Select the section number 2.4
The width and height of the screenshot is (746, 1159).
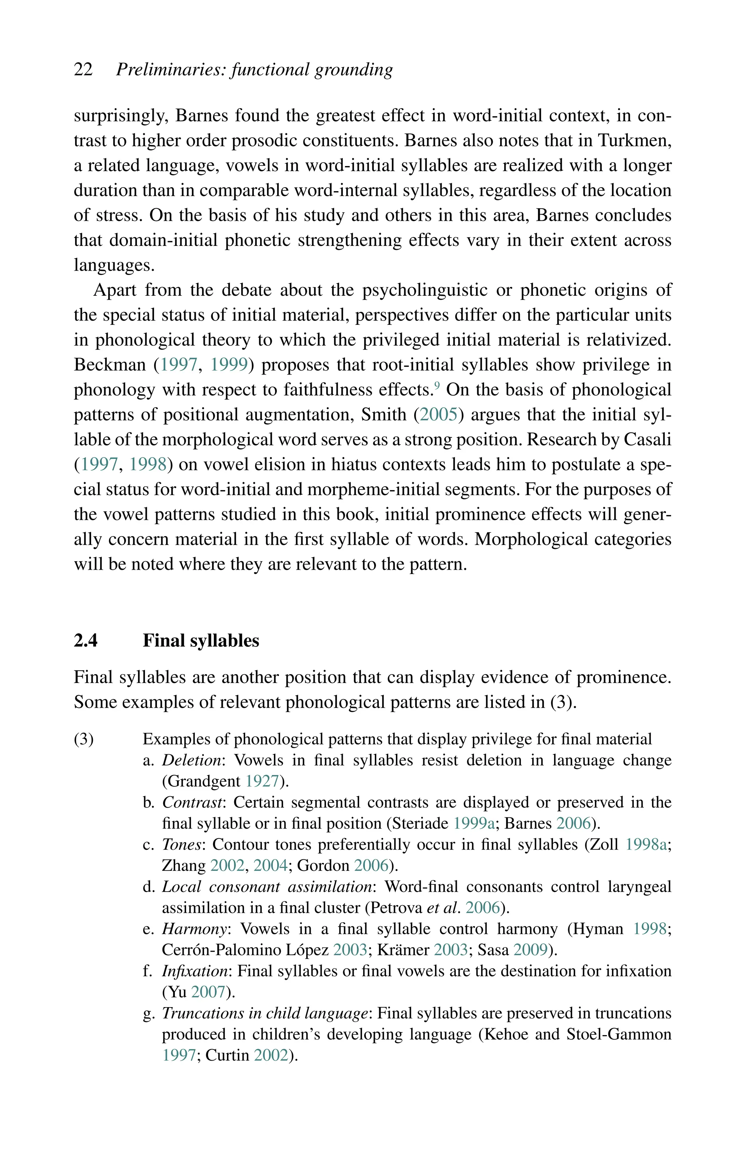click(x=86, y=640)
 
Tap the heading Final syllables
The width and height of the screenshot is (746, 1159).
click(x=201, y=640)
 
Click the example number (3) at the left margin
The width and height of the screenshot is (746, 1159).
click(x=84, y=739)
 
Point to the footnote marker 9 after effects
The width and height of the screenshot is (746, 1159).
click(x=437, y=385)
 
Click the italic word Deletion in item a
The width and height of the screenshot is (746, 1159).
click(x=191, y=761)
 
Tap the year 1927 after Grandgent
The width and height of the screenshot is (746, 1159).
click(x=262, y=781)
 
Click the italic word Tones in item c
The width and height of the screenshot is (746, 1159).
click(x=181, y=845)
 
